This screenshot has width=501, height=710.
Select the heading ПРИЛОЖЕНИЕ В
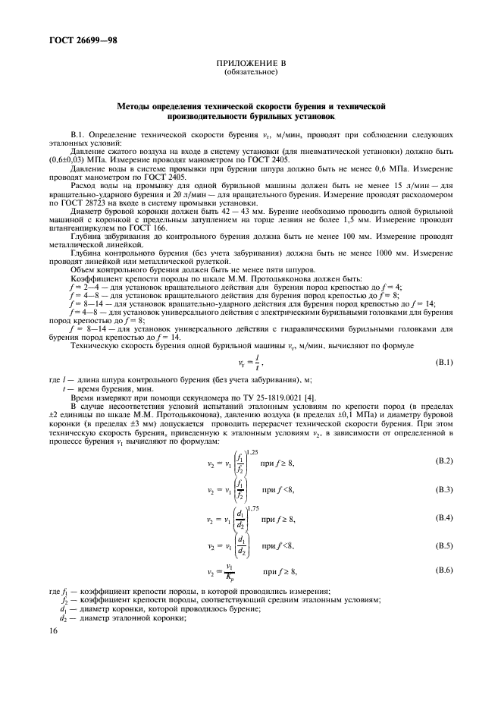251,65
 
